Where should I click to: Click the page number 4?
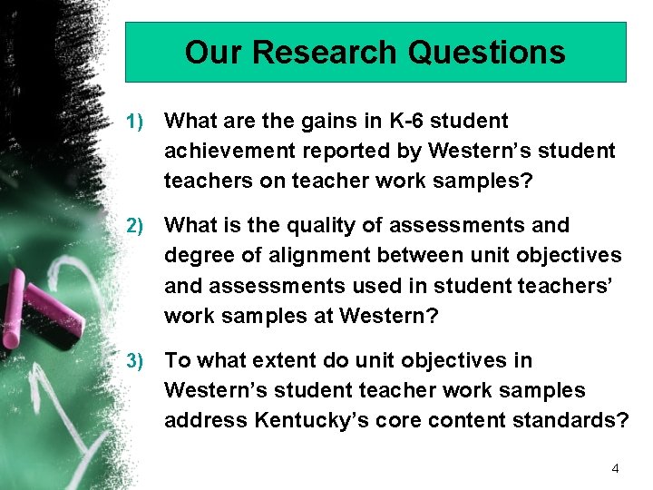tap(615, 468)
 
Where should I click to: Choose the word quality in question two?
tap(308, 225)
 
